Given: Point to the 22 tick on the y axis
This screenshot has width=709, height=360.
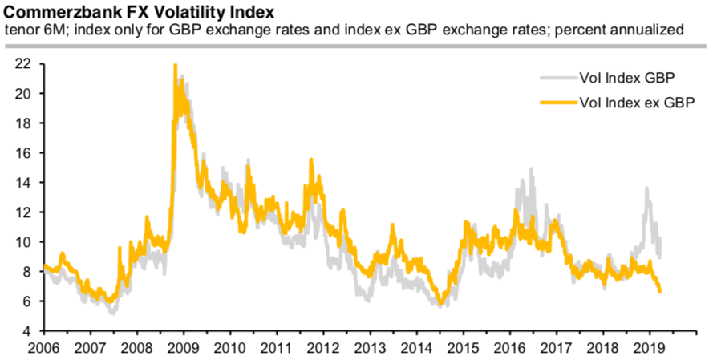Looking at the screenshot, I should (x=22, y=63).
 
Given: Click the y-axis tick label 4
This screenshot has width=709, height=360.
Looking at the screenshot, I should (x=26, y=331).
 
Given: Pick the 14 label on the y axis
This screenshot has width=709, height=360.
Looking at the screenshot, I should (x=22, y=183).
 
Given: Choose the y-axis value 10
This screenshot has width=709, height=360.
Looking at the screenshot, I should (x=22, y=242).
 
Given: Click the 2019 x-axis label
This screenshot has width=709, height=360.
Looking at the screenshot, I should (x=649, y=349).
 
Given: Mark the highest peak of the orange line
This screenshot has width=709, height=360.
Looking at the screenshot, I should (x=175, y=66).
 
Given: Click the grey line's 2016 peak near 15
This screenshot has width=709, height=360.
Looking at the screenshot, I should (x=531, y=169).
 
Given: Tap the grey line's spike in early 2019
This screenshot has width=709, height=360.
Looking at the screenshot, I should (x=646, y=189).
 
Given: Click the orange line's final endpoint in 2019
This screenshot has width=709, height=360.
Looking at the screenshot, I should (x=660, y=292).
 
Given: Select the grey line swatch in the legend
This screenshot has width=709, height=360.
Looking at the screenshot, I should (x=557, y=78).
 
